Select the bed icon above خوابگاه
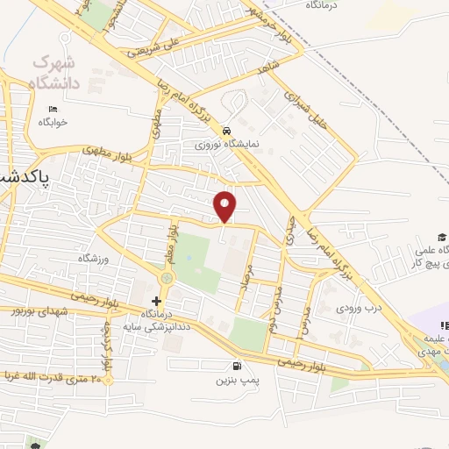point(53,109)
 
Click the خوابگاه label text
point(53,122)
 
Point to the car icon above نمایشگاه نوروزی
point(227,126)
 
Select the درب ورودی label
point(360,309)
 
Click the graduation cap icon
point(444,237)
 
